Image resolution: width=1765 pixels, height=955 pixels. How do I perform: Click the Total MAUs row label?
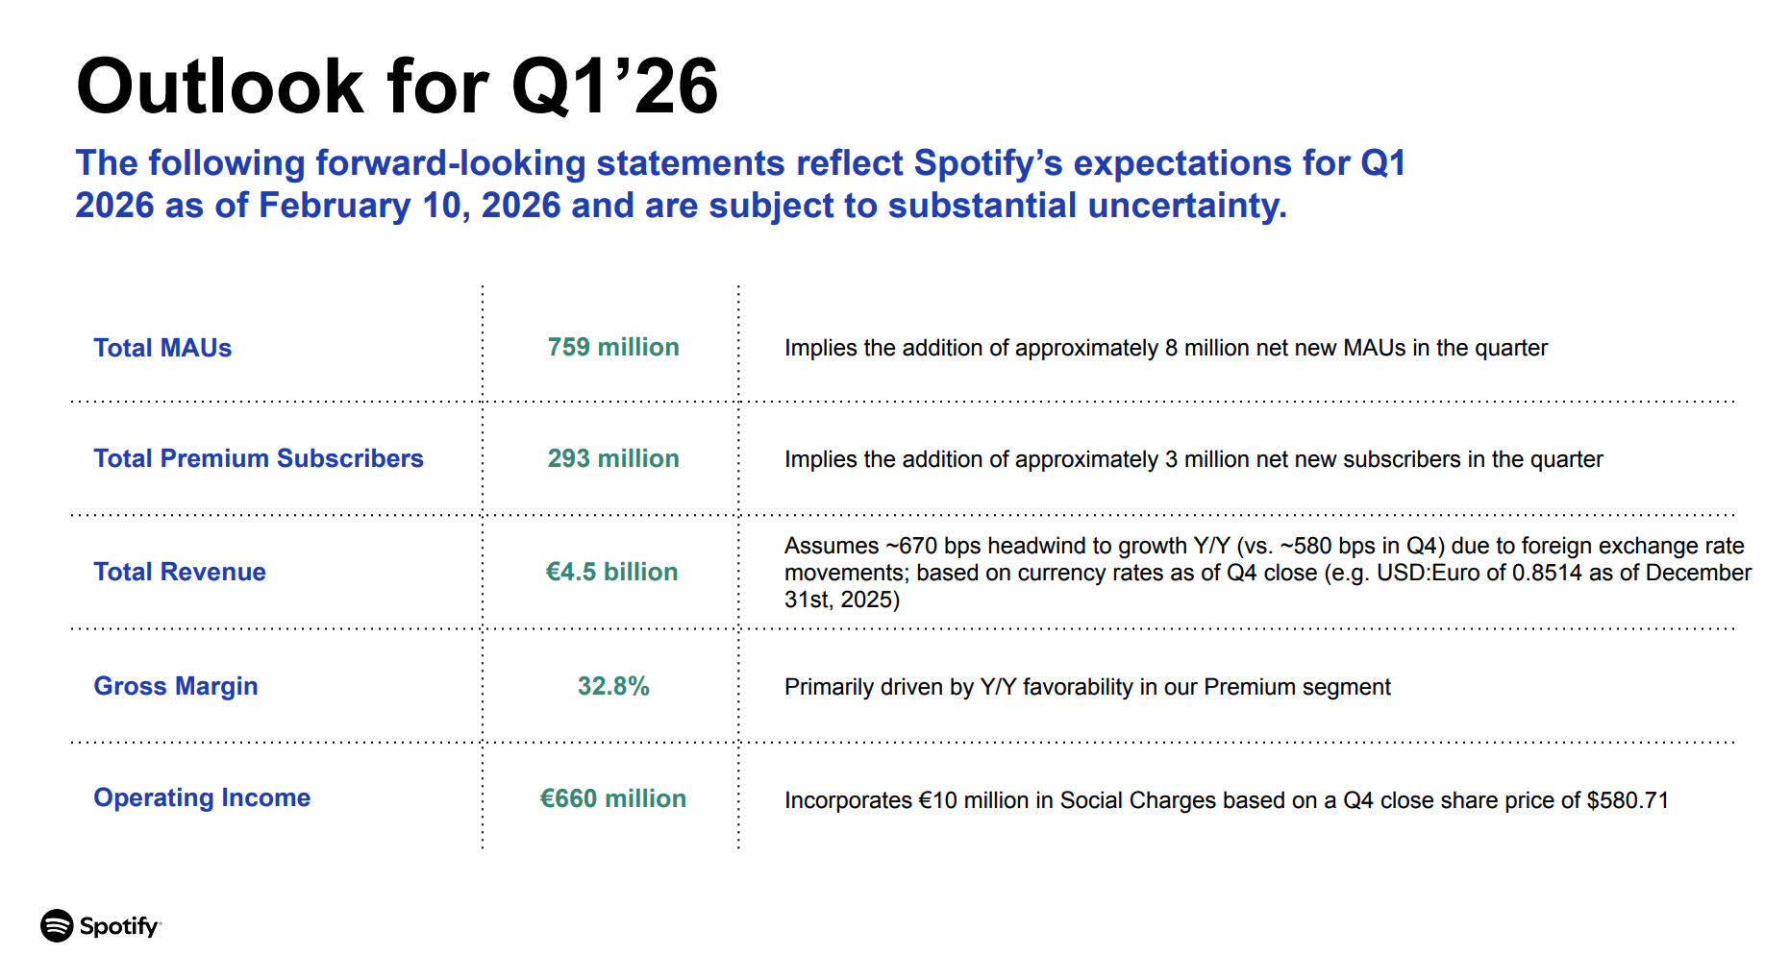pos(162,348)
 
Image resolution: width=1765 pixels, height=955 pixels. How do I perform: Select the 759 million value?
pos(613,347)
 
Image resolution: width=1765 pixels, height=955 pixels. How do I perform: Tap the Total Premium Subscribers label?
pos(259,458)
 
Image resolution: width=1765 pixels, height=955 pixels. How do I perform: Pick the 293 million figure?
pos(613,458)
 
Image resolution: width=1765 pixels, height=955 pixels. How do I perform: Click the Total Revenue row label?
pos(180,572)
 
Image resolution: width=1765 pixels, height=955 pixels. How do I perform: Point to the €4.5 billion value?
pos(611,572)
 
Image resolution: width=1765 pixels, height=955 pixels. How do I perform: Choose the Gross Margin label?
pos(176,686)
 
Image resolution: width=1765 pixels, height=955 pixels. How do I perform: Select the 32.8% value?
pos(613,686)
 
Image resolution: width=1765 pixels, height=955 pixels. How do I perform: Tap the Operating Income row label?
pos(202,797)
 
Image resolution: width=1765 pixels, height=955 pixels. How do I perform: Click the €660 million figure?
pos(613,798)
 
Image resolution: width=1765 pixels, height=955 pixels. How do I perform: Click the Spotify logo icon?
pos(57,926)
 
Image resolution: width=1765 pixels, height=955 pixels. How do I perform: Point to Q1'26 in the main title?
pos(615,86)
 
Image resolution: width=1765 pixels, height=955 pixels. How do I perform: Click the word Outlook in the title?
pos(219,86)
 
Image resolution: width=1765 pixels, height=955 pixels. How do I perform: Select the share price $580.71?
pos(1628,800)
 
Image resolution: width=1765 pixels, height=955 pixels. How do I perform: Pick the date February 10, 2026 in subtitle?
pos(410,206)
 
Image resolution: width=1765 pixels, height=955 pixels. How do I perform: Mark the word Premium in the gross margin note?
pos(1249,687)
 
